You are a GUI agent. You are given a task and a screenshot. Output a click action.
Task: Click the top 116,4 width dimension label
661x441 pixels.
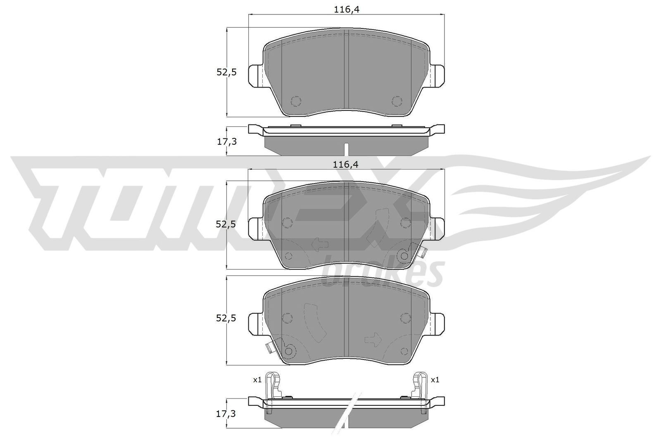point(345,10)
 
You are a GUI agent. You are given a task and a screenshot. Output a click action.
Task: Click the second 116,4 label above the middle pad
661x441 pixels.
point(345,164)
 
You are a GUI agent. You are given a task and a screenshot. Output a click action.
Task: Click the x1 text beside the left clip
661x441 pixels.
point(257,379)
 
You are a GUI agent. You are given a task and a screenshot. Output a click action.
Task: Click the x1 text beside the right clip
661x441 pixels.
point(435,379)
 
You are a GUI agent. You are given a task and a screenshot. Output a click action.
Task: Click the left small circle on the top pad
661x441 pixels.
point(296,101)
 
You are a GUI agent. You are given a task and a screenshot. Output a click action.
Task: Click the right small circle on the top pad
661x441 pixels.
point(397,101)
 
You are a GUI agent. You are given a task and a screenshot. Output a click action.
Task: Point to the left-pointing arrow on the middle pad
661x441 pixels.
point(319,245)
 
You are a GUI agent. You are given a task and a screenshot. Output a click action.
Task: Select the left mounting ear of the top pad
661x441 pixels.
point(256,76)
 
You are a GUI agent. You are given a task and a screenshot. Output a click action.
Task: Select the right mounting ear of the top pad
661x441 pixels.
point(437,76)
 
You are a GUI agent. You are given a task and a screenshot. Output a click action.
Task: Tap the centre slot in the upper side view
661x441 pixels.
point(347,148)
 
